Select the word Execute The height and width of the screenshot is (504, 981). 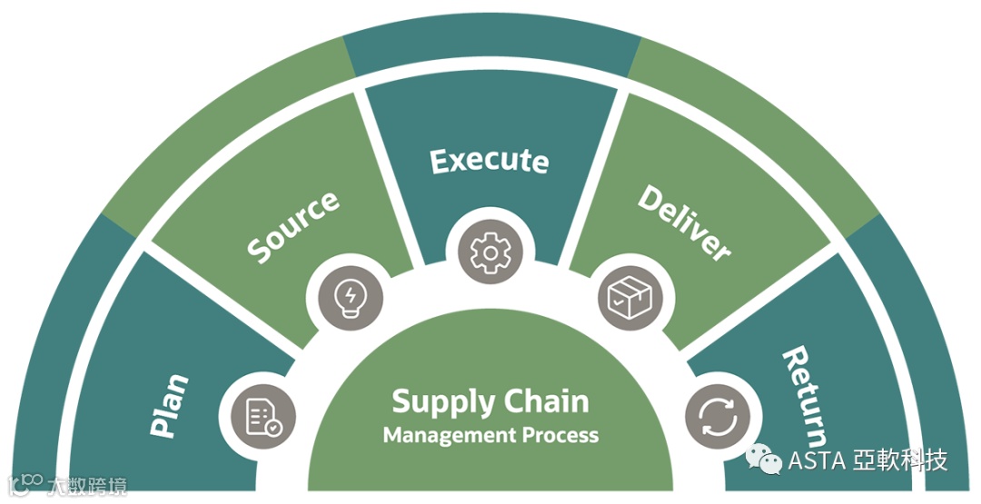490,161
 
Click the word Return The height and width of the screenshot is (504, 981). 806,391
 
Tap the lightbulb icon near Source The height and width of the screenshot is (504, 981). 349,294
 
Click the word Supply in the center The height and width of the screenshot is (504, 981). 444,400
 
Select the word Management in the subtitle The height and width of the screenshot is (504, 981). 450,435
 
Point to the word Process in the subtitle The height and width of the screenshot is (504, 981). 560,435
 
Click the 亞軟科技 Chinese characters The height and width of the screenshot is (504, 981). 899,460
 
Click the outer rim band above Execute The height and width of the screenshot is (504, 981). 490,50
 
